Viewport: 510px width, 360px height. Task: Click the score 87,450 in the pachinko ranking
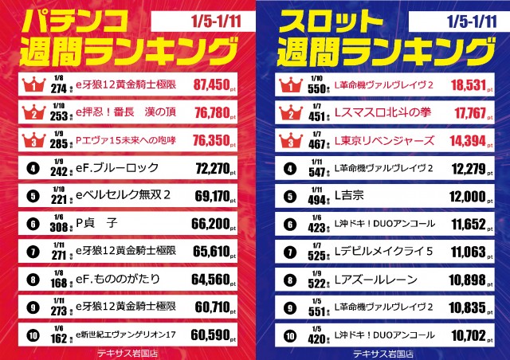[x=214, y=83]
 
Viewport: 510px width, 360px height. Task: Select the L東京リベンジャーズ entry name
[x=384, y=141]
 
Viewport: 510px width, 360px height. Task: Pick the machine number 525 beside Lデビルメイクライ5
[x=318, y=255]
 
